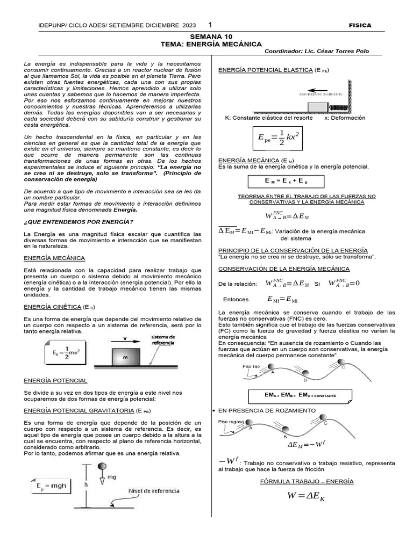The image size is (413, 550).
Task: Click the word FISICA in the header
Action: [x=360, y=25]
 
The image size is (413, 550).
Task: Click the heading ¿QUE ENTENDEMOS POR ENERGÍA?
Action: [x=79, y=222]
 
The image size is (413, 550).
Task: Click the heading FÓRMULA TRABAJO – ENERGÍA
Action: [x=307, y=481]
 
